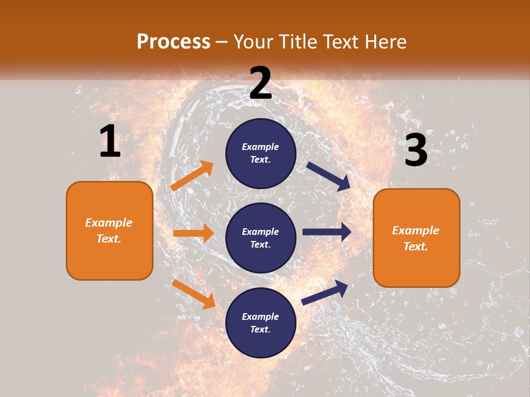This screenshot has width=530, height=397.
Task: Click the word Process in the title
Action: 173,42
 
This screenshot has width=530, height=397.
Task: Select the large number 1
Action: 110,141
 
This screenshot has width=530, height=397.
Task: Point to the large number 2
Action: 261,83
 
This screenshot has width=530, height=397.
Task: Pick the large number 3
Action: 416,151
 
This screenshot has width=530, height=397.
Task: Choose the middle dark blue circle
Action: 261,238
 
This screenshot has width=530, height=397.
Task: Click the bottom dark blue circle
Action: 261,323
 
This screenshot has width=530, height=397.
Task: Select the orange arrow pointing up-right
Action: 192,176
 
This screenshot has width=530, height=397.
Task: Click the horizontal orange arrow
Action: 193,233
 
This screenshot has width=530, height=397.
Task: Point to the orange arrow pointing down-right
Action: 193,294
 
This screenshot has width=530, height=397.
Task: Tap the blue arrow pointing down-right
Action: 328,176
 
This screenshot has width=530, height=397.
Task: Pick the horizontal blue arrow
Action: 326,232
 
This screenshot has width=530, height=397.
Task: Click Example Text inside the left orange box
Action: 109,230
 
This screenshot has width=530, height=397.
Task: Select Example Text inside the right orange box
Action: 416,238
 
